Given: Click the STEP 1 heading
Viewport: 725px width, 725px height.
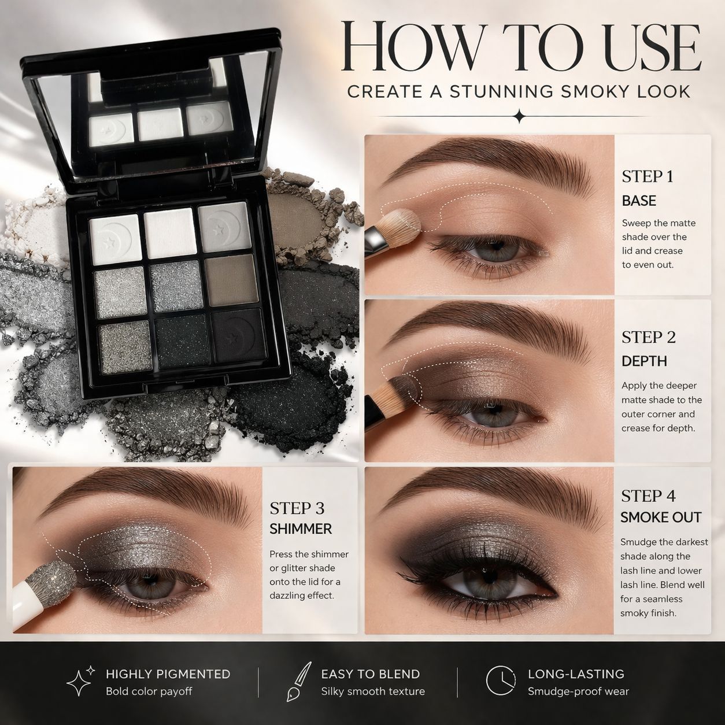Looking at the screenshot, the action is [648, 176].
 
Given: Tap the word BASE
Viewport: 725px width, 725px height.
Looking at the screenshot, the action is [639, 201].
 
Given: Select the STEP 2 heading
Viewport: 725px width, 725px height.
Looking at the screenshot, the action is [648, 337].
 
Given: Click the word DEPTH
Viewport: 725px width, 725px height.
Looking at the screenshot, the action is [644, 361].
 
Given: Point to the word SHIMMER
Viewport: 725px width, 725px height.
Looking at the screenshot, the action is [301, 529].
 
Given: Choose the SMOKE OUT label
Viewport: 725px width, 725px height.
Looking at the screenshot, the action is [661, 517].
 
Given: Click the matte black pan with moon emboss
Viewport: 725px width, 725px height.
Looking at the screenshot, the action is [237, 336].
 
